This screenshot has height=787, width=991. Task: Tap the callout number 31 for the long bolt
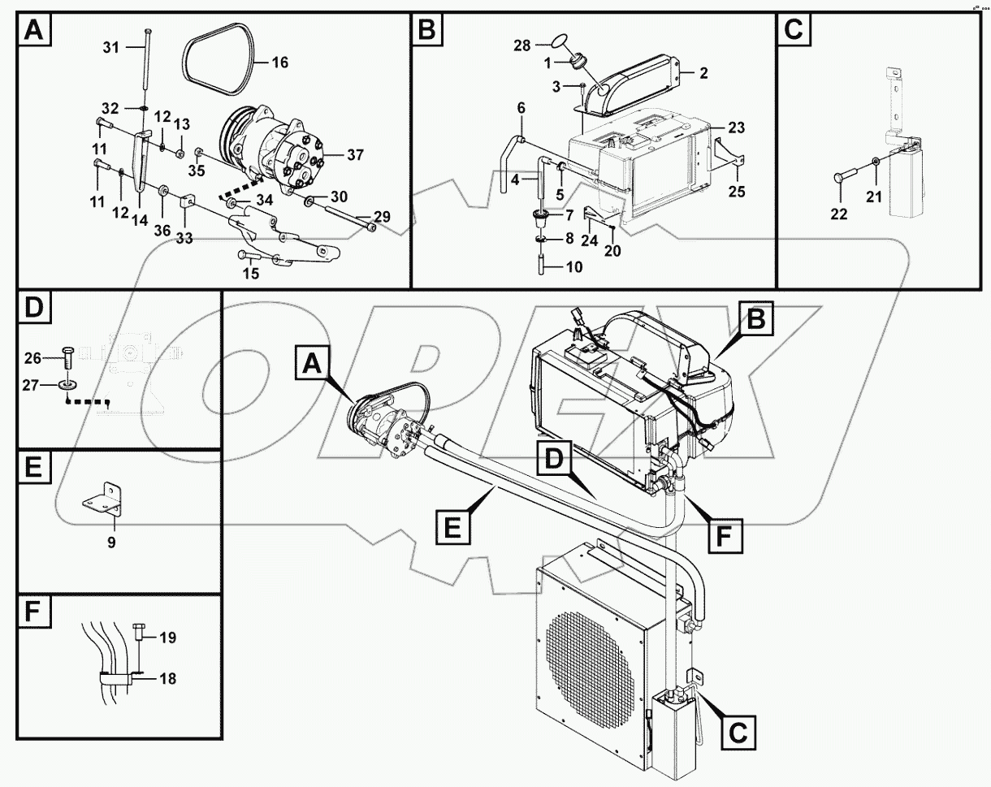pos(111,48)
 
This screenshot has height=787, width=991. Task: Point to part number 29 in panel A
pos(381,216)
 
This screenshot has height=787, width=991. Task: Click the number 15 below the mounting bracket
pos(251,274)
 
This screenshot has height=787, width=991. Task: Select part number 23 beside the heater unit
pos(736,128)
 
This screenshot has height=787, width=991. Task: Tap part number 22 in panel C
pos(838,214)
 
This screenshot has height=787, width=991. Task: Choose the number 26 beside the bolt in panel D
pos(32,357)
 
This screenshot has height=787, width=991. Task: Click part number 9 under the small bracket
pos(111,543)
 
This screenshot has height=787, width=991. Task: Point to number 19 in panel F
pos(167,638)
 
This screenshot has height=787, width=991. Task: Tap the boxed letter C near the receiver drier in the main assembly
pos(735,732)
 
